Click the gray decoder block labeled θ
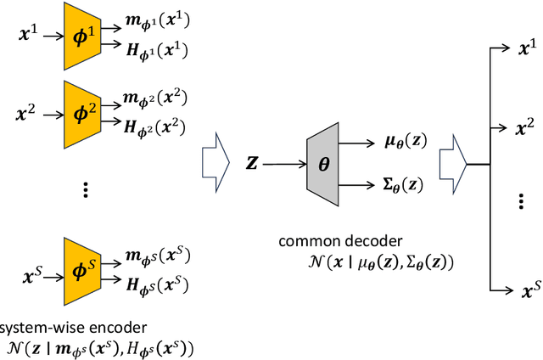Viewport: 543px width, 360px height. point(322,164)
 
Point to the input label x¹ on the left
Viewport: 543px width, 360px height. point(28,35)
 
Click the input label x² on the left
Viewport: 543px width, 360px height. point(28,114)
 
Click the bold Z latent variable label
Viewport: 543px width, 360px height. point(254,163)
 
